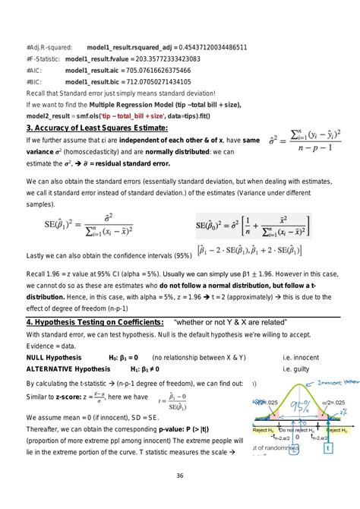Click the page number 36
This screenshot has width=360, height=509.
[x=180, y=476]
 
